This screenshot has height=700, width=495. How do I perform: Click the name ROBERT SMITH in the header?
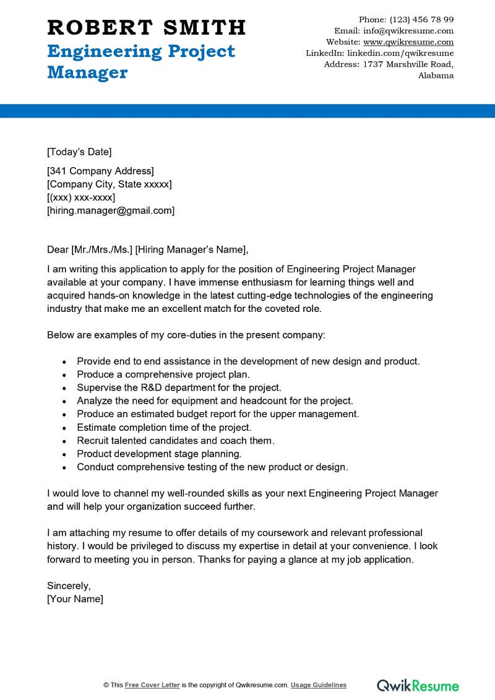[x=147, y=27]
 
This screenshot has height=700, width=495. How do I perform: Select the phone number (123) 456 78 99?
[x=421, y=19]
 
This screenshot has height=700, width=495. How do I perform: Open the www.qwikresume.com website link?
[x=408, y=42]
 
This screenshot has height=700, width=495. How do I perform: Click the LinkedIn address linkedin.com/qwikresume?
[x=400, y=53]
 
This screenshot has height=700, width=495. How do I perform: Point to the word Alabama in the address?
[x=436, y=76]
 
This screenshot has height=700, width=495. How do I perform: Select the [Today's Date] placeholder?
[x=79, y=152]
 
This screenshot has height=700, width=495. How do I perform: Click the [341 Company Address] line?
[x=100, y=171]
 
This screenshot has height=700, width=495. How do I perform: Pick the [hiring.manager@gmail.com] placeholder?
[x=111, y=210]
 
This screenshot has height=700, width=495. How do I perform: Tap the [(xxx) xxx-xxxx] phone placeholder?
[x=81, y=197]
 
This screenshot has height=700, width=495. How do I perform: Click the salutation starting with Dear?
[x=147, y=249]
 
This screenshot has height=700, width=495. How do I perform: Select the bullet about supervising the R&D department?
[x=179, y=387]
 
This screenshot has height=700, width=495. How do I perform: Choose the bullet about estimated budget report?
[x=218, y=414]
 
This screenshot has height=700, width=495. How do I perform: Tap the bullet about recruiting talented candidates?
[x=175, y=441]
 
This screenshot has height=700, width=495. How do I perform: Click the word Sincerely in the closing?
[x=69, y=585]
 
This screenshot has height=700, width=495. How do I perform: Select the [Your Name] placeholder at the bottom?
[x=75, y=598]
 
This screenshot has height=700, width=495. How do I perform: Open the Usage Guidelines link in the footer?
[x=319, y=685]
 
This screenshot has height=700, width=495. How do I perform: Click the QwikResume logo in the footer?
[x=418, y=685]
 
